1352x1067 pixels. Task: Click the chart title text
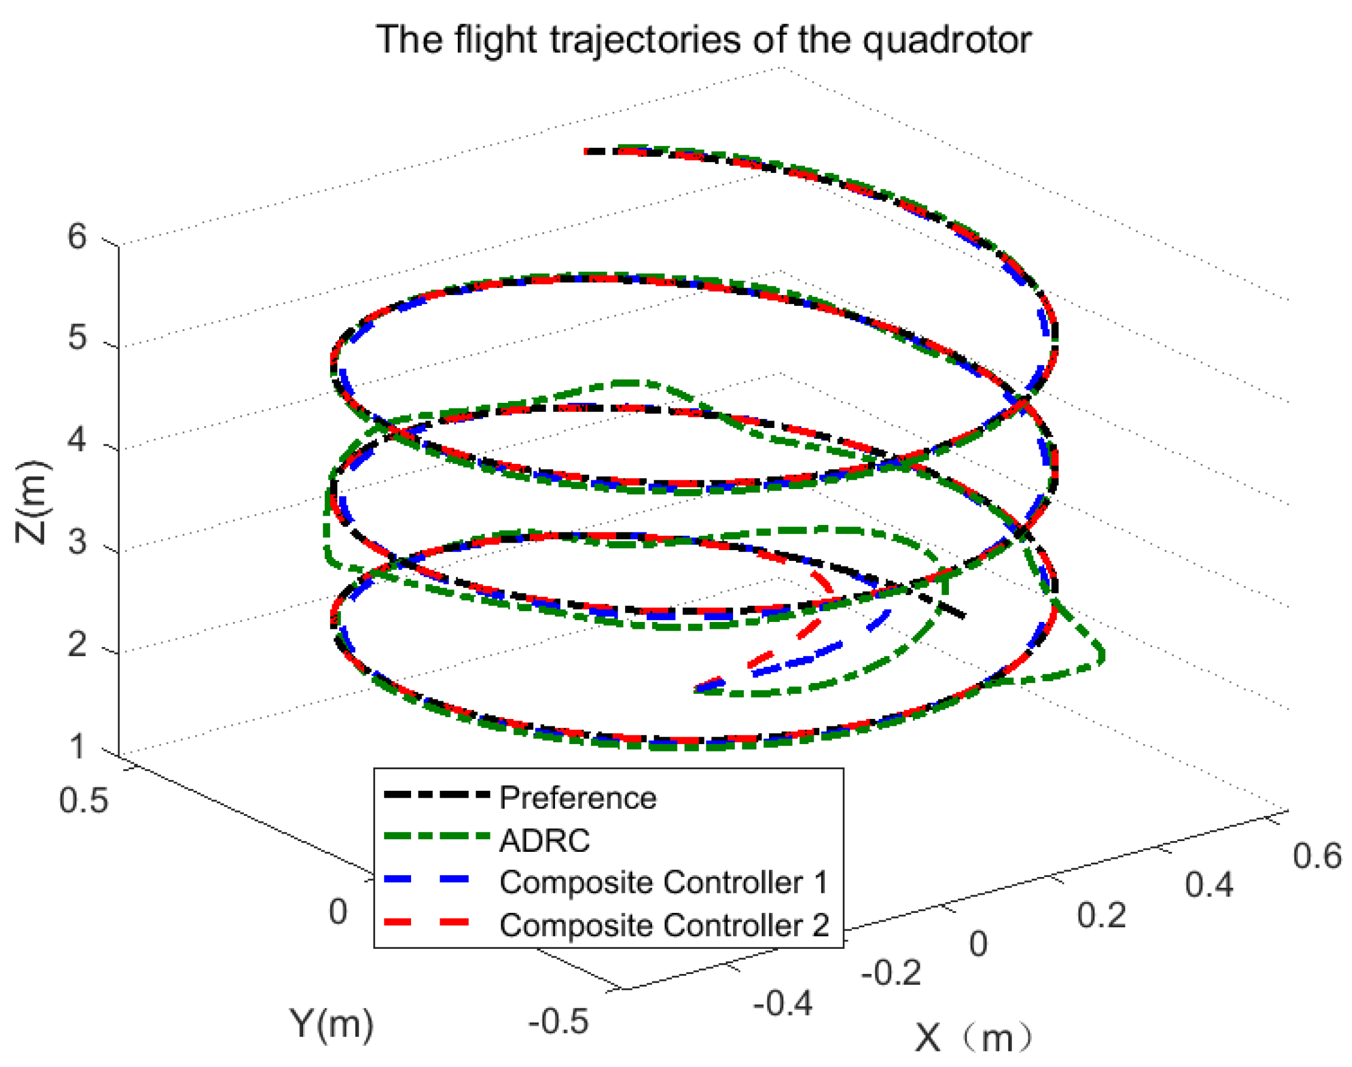[703, 40]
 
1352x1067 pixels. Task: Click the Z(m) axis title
[31, 502]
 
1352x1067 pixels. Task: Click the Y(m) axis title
[331, 1023]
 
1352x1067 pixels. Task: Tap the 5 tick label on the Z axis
[78, 338]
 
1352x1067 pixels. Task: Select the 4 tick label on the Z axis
[78, 440]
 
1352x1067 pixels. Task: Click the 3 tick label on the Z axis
[78, 541]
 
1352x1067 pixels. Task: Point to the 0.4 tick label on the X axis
[1209, 884]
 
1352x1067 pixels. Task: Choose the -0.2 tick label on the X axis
[891, 973]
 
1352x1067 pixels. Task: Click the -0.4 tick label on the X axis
[783, 1003]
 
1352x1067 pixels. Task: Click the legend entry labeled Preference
[578, 798]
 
